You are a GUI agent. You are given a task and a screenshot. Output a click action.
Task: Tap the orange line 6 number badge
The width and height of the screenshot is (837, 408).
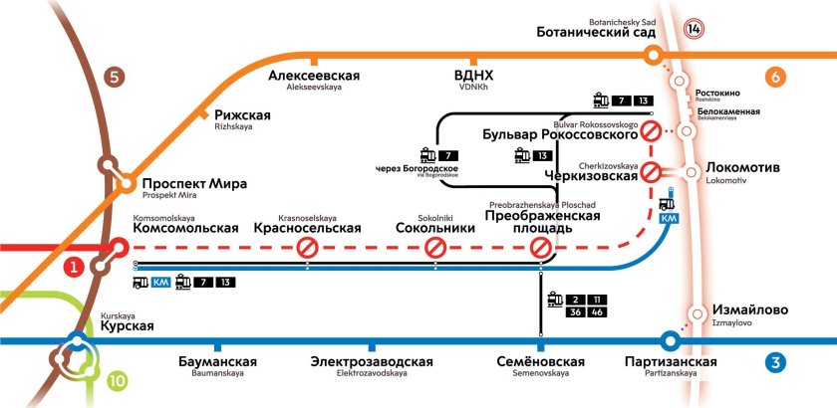(x=777, y=77)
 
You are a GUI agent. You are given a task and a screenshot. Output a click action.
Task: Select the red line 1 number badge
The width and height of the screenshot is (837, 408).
(x=74, y=267)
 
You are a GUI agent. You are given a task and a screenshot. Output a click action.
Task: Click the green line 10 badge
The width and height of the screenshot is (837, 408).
(x=117, y=380)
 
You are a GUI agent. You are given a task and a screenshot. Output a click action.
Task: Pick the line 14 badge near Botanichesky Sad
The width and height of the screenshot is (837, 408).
(x=694, y=29)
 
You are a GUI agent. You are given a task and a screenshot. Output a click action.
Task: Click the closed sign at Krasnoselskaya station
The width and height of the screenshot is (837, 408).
(x=307, y=248)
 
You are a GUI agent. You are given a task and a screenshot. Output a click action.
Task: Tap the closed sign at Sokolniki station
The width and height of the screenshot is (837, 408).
(x=434, y=248)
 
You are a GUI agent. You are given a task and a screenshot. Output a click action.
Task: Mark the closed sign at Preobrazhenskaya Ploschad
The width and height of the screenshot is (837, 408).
(x=539, y=248)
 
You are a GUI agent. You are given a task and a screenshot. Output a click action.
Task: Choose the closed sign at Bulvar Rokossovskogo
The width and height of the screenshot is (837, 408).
(x=651, y=130)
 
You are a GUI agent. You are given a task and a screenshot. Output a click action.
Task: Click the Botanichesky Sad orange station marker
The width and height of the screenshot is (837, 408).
(x=653, y=56)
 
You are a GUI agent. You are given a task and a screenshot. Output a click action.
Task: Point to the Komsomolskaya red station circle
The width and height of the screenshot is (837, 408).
(x=120, y=247)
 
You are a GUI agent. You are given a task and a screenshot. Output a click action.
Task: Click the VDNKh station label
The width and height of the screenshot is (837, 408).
(x=473, y=79)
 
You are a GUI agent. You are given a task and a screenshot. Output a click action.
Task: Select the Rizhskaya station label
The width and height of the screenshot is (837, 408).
(x=242, y=119)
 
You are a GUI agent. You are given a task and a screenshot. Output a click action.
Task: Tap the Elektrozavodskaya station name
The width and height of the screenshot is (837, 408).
(x=371, y=364)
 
